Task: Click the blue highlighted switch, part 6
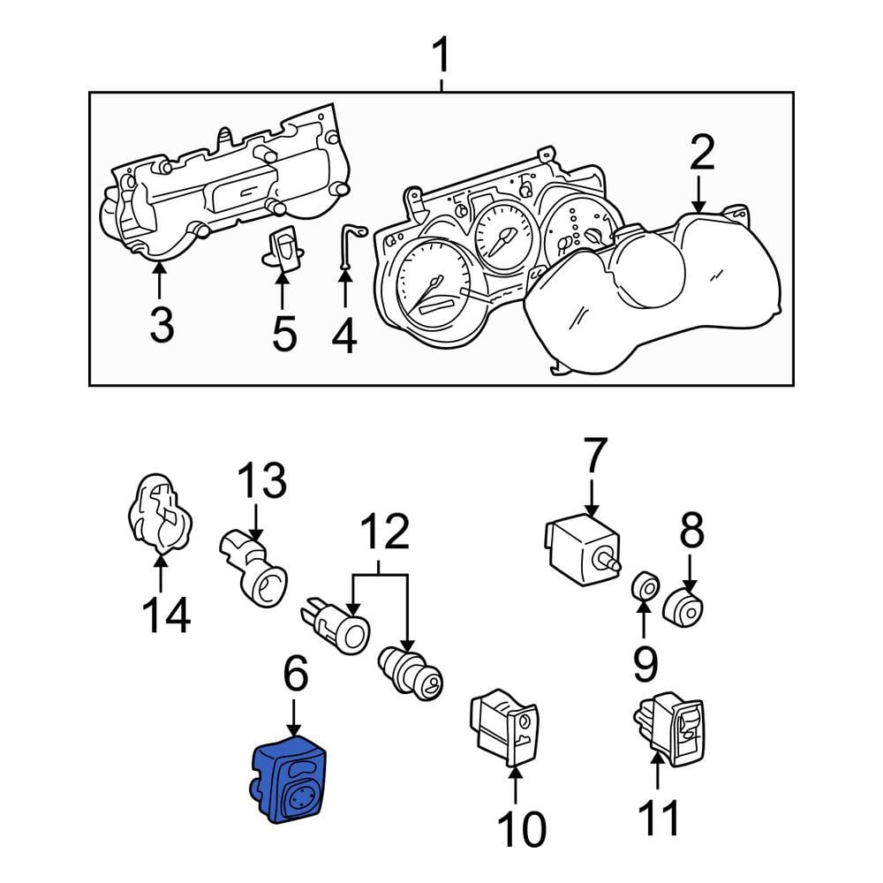point(288,780)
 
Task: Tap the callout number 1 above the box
point(441,55)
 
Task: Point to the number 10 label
point(522,829)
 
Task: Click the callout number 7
point(595,456)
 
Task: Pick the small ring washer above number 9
point(645,587)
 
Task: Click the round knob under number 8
point(683,608)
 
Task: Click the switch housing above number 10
point(504,728)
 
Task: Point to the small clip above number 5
point(284,248)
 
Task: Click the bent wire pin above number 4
point(351,245)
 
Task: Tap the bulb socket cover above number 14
point(159,512)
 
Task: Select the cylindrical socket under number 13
point(253,568)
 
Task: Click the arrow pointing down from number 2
point(698,194)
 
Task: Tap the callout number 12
point(385,531)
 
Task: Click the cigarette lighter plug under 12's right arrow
point(410,674)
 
